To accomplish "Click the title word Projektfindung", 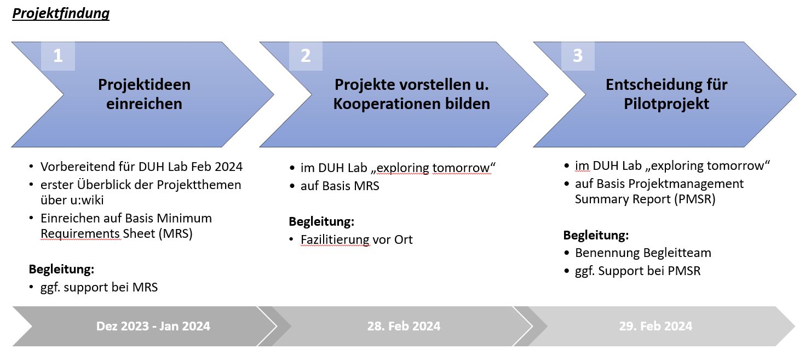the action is (x=61, y=14).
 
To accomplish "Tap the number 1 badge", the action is (x=58, y=56).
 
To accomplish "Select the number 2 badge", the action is (x=306, y=56).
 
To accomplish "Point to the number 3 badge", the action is (x=578, y=56).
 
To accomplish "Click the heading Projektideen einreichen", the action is (x=144, y=94).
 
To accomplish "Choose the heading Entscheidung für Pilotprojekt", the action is (x=666, y=94).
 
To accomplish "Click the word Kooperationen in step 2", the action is (x=387, y=104).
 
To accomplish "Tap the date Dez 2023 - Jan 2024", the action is (x=153, y=326).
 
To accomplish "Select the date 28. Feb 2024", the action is (x=404, y=326).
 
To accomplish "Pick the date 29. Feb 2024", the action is (x=656, y=326).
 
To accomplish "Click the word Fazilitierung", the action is (x=335, y=240).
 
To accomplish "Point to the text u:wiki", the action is (x=87, y=201).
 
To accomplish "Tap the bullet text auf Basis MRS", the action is (x=340, y=186).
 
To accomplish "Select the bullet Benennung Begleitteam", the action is (x=643, y=253).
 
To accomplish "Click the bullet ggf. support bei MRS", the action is (x=99, y=287).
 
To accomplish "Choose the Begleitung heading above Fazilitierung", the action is (x=321, y=221).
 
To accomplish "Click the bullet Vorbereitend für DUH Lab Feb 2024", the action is (x=141, y=167).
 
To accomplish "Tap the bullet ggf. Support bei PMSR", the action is (x=637, y=271).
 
